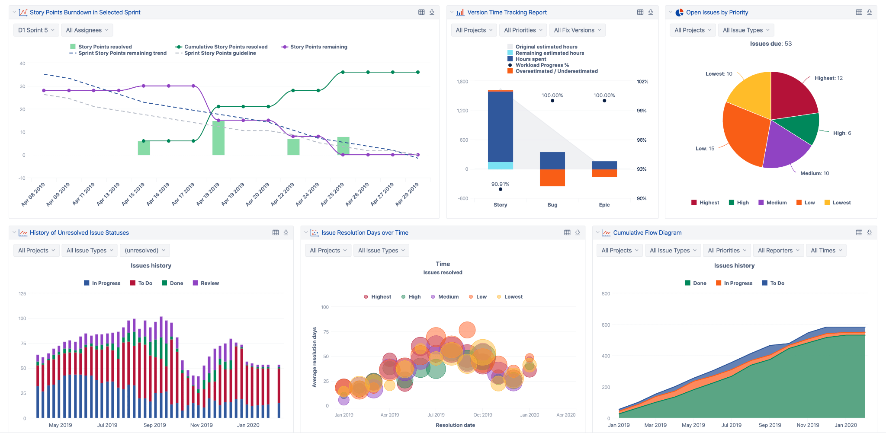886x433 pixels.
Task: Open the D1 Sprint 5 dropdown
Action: click(36, 30)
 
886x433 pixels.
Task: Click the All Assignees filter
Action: click(87, 30)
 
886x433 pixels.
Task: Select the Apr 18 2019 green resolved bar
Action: click(218, 138)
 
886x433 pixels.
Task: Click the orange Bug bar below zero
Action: click(552, 178)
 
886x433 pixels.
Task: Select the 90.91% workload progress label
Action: click(500, 184)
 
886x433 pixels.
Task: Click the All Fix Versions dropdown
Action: click(577, 30)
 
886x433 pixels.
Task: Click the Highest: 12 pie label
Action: click(828, 78)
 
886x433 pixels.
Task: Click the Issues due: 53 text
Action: click(771, 44)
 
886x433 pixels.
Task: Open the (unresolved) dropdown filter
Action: click(145, 251)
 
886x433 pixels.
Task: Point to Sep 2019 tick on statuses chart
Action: click(154, 425)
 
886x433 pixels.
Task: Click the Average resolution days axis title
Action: click(315, 357)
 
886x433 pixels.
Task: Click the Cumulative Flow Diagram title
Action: click(647, 233)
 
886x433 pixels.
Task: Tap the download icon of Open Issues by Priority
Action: click(869, 13)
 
